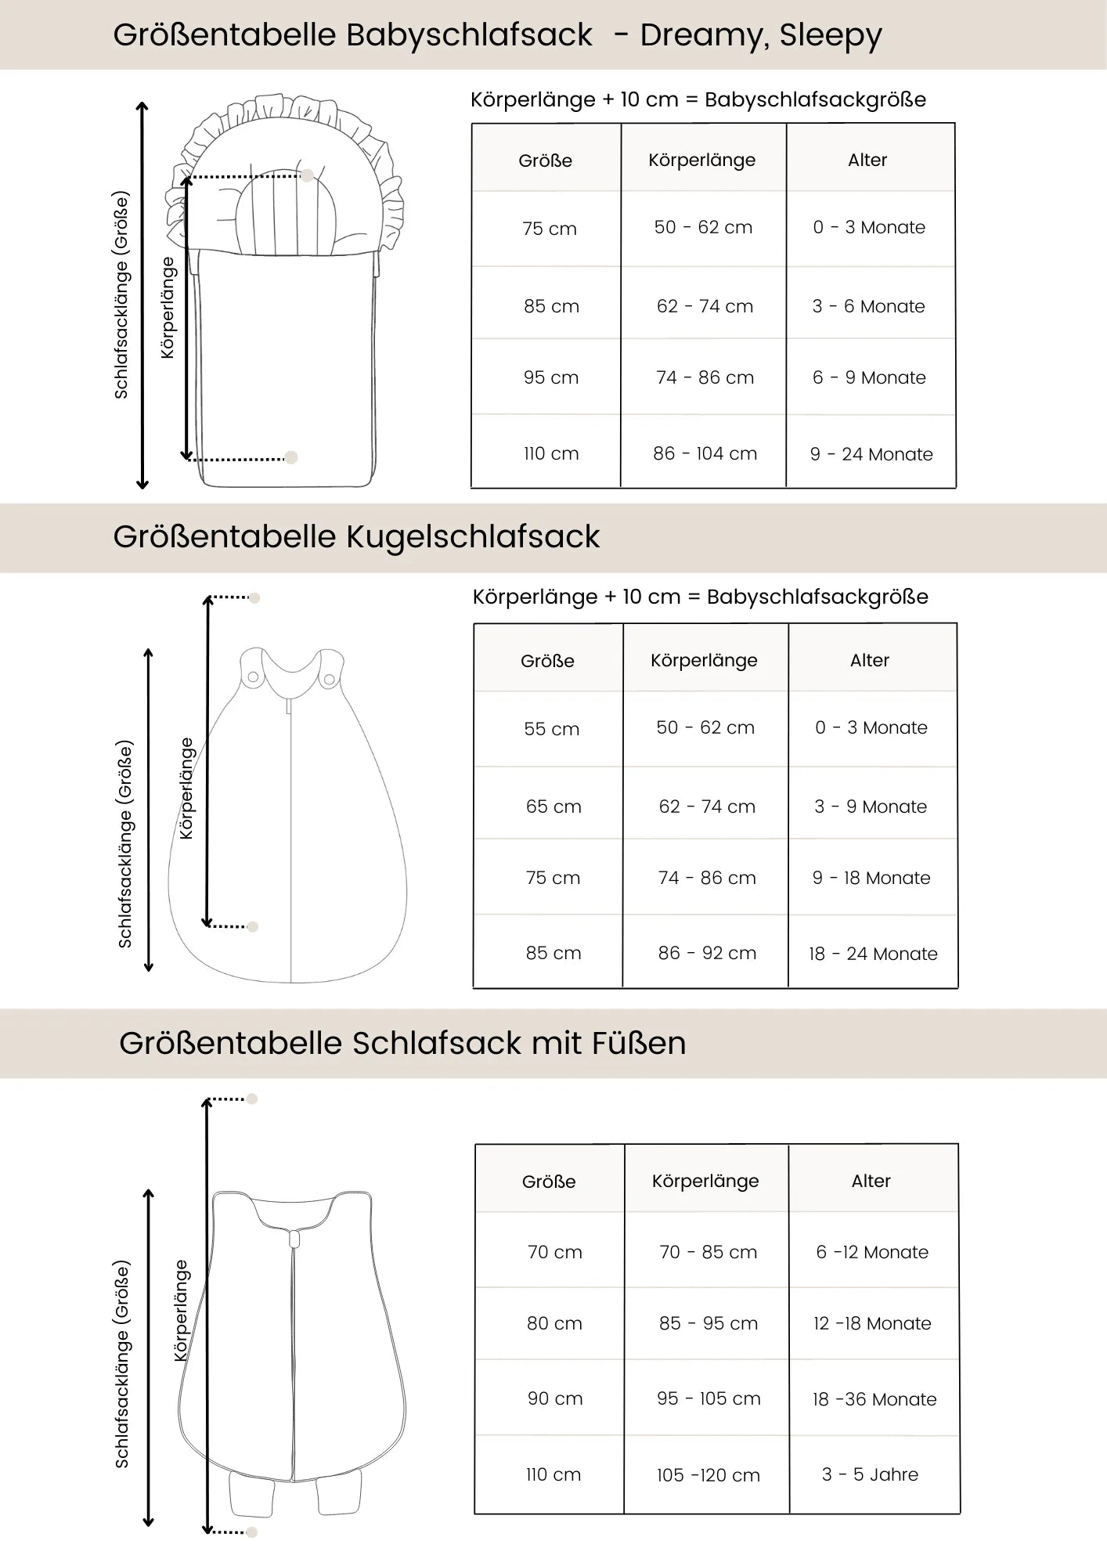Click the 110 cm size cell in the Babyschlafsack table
(x=551, y=453)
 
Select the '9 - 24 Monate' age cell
(x=871, y=454)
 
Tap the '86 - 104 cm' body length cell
(x=705, y=453)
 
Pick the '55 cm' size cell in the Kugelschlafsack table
(x=552, y=729)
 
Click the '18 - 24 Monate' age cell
(x=873, y=954)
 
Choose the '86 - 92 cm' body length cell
(x=707, y=953)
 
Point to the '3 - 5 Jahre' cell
(x=870, y=1474)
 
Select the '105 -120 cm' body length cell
(x=708, y=1475)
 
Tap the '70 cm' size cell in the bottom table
(x=554, y=1252)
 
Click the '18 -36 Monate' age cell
(x=874, y=1399)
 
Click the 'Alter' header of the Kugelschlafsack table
(x=870, y=660)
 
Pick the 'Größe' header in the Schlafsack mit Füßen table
(x=549, y=1182)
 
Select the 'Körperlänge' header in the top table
(x=701, y=160)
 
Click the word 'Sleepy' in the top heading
(x=831, y=35)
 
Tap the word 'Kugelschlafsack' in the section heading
(x=473, y=537)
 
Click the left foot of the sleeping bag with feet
(x=252, y=1492)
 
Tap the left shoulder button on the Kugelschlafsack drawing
(x=253, y=677)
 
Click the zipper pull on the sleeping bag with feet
(x=294, y=1239)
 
